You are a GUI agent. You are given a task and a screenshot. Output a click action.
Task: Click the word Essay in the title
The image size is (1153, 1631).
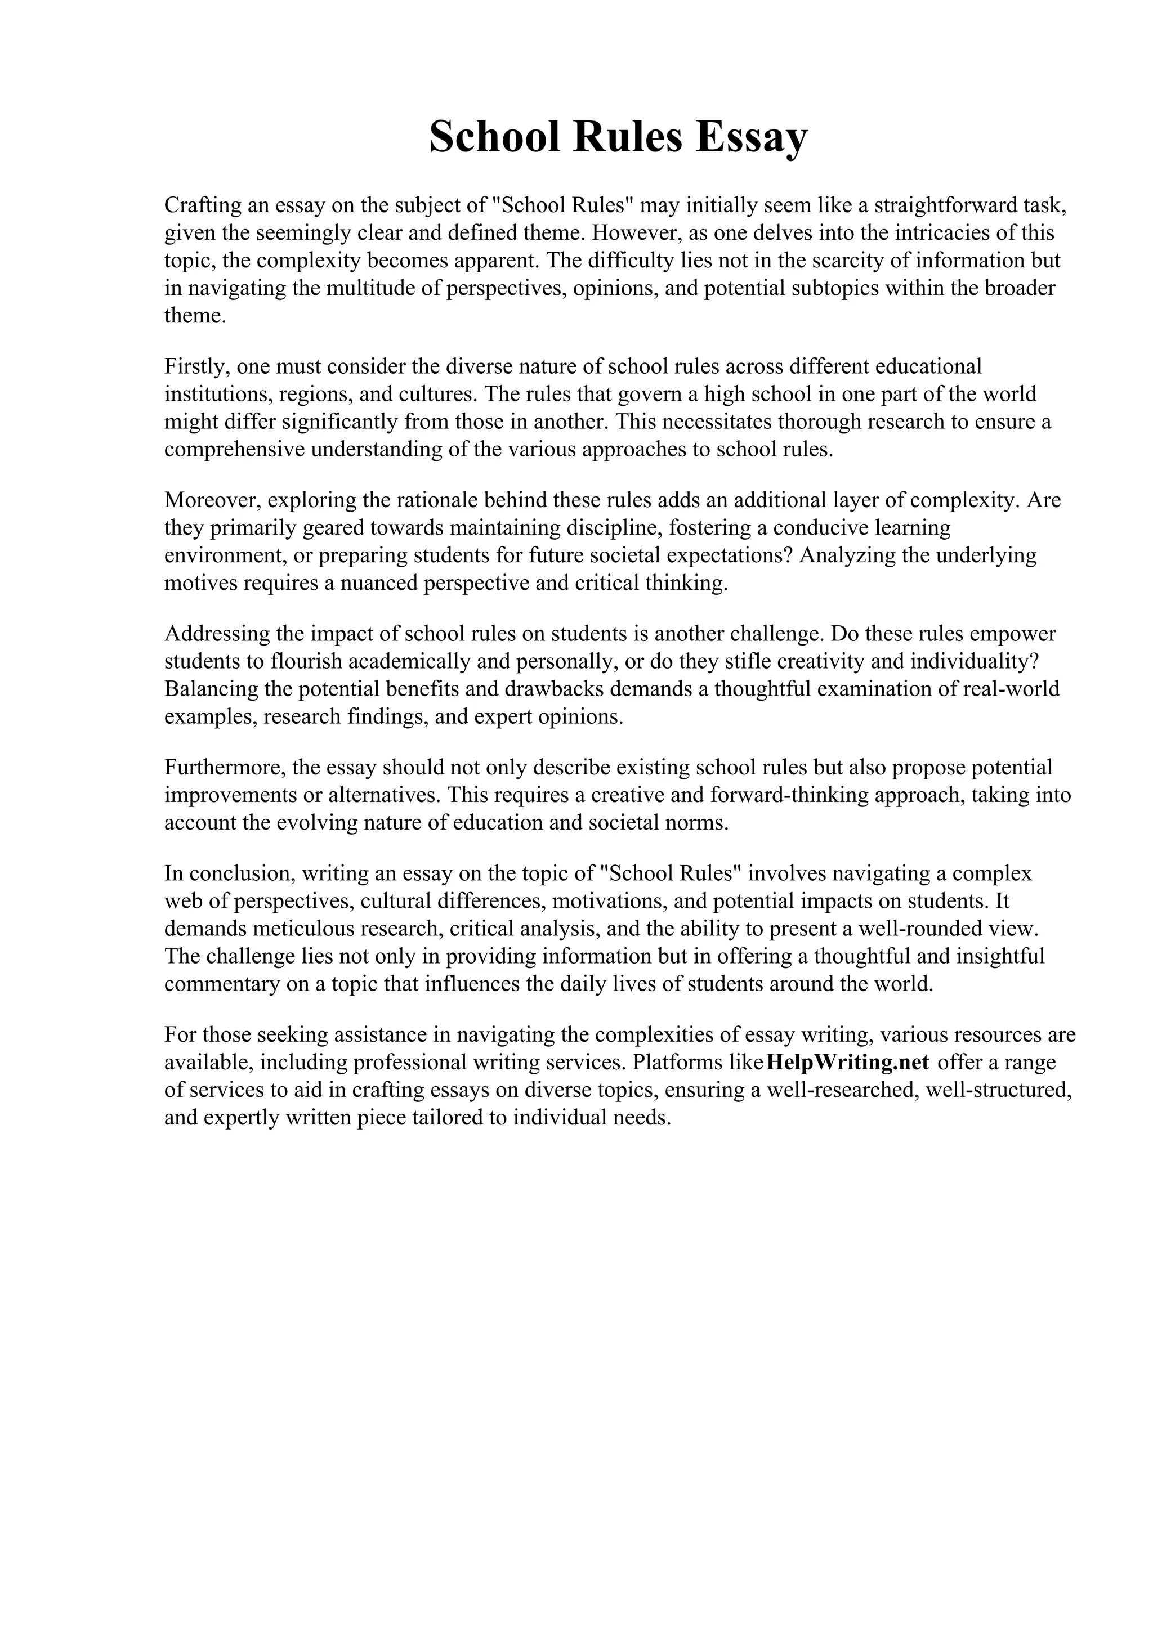pos(752,138)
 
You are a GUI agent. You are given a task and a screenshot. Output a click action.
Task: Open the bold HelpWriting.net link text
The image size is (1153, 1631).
pos(848,1063)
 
